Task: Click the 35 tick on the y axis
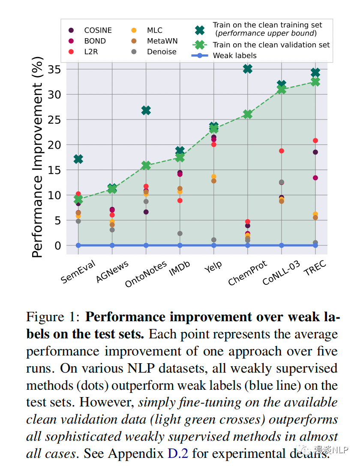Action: (54, 69)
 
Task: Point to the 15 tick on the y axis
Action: (54, 170)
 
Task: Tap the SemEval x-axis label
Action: (78, 271)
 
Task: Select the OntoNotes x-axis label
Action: (146, 275)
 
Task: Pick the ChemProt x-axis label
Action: (247, 273)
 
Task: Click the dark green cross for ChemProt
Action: (247, 69)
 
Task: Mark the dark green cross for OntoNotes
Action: (146, 111)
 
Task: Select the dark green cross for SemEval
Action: (78, 159)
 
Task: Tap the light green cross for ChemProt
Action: (247, 114)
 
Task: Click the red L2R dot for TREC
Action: (315, 140)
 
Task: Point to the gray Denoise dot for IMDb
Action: (180, 233)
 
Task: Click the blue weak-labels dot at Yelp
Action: (213, 245)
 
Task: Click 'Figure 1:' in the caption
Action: (53, 317)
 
